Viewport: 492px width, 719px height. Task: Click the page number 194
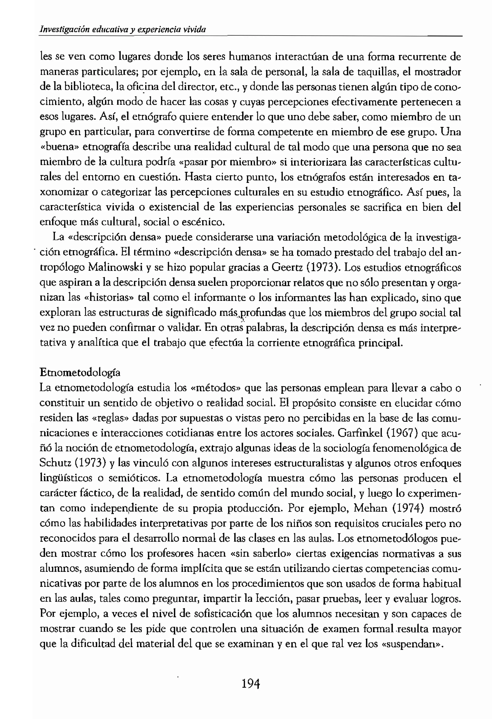pyautogui.click(x=251, y=683)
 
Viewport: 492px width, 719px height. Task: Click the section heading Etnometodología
pyautogui.click(x=80, y=373)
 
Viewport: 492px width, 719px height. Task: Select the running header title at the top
pyautogui.click(x=123, y=29)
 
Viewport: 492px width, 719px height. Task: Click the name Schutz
pyautogui.click(x=55, y=463)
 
